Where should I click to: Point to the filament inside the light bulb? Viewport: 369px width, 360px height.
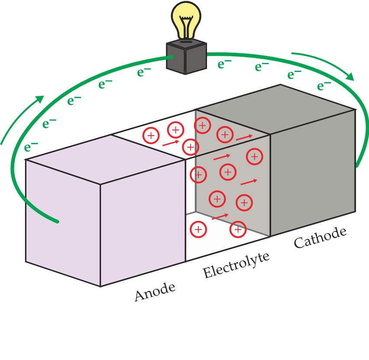[x=187, y=26]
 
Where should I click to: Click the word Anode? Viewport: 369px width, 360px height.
[x=155, y=292]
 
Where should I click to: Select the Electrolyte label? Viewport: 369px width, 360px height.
[x=236, y=265]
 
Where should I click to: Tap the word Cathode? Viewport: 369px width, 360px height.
[x=320, y=237]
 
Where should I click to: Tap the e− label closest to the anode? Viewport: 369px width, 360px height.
[x=31, y=146]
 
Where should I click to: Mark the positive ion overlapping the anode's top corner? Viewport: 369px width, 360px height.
[x=190, y=146]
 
